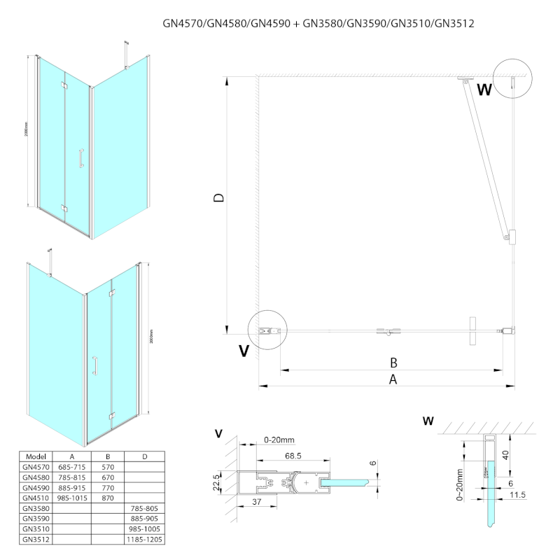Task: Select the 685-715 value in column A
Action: tap(73, 467)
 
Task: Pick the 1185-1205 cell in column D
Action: tap(144, 540)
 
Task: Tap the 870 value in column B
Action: tap(106, 498)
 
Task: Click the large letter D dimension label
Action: tap(219, 198)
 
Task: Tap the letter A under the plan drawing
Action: tap(393, 379)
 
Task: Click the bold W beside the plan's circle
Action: tap(484, 90)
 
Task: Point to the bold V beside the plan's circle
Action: tap(243, 350)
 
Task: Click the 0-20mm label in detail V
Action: tap(279, 440)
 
